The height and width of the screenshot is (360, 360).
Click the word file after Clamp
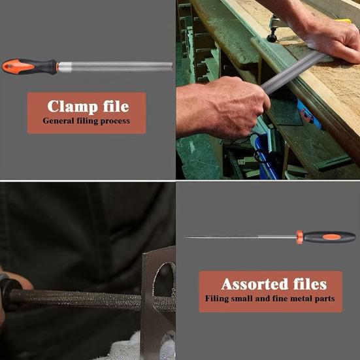point(113,106)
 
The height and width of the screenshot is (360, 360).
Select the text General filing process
point(86,121)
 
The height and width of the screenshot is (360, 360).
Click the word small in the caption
point(247,299)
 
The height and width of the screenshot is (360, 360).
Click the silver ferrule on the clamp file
point(65,66)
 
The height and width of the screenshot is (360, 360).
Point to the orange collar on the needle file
point(299,237)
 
